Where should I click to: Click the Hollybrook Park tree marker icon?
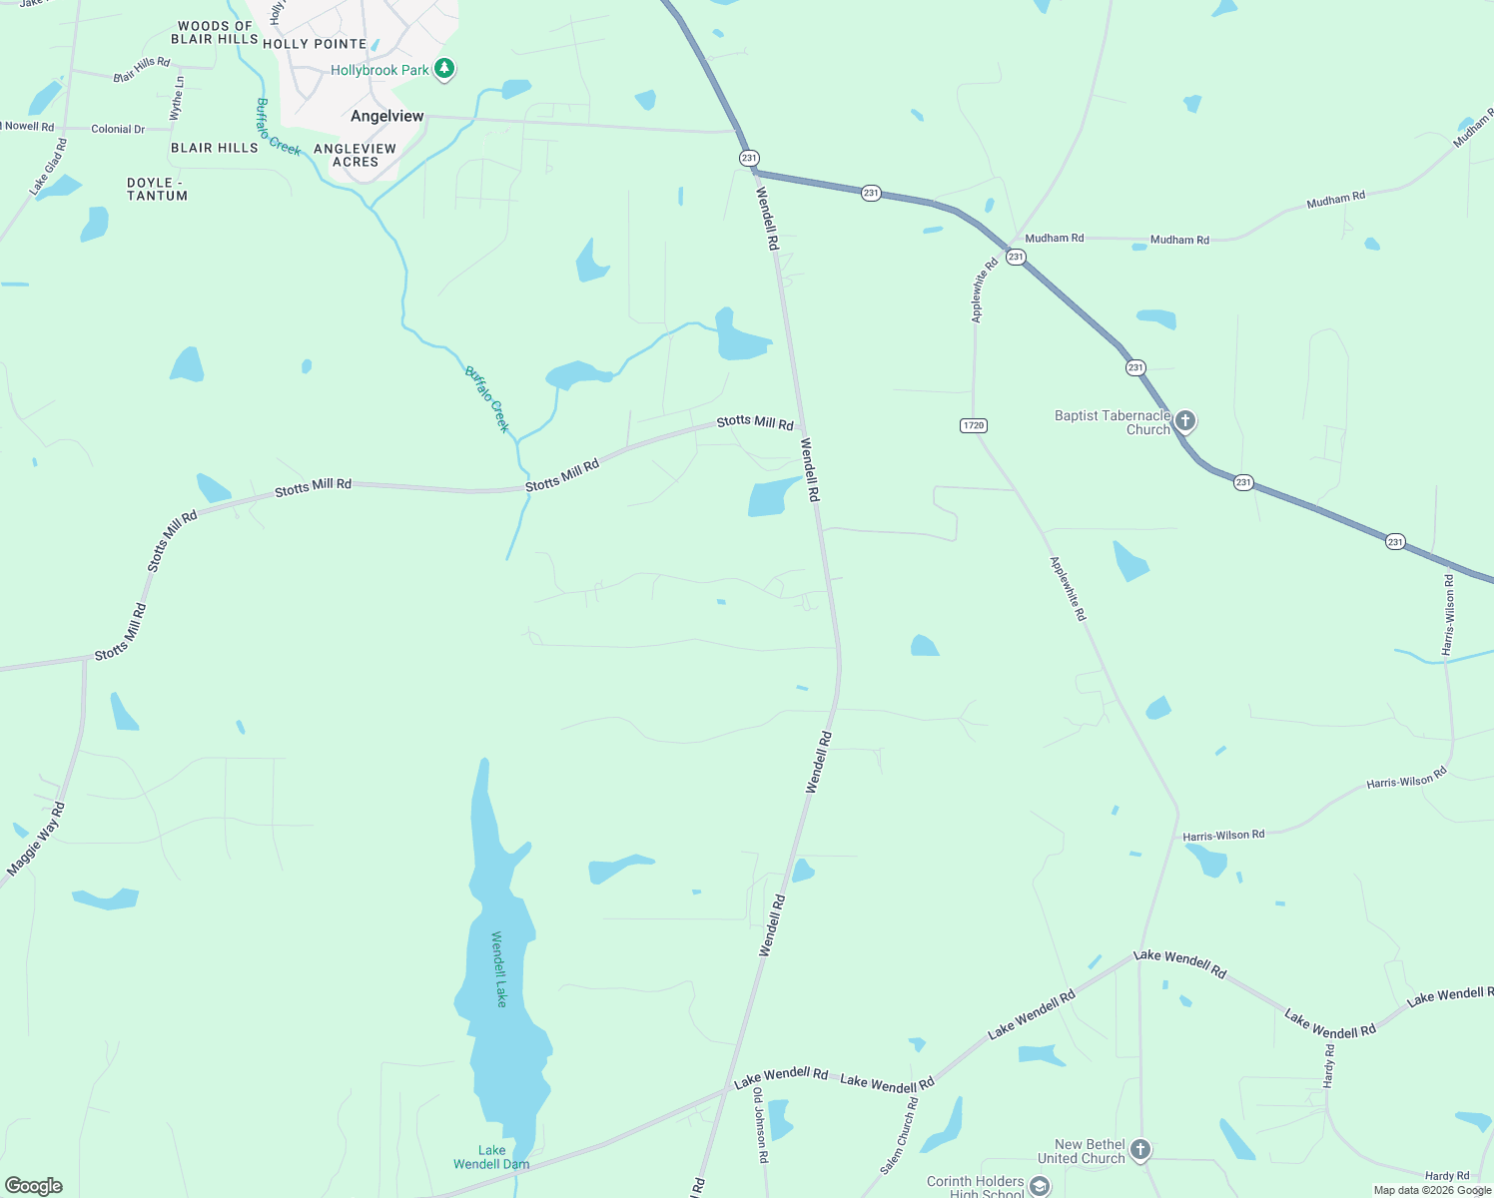(x=445, y=69)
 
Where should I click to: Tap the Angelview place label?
(x=387, y=116)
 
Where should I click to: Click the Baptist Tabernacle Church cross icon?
(x=1184, y=420)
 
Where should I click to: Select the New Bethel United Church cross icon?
(x=1140, y=1149)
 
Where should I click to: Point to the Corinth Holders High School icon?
(x=1040, y=1185)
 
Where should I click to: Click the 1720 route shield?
(x=973, y=425)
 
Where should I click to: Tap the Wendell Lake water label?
(x=499, y=968)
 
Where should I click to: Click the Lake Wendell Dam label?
(x=491, y=1157)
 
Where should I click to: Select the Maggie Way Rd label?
(x=36, y=840)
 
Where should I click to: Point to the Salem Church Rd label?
(x=899, y=1135)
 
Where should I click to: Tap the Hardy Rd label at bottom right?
(x=1447, y=1176)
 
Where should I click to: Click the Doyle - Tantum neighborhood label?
(x=157, y=190)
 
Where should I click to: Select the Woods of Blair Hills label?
(x=215, y=33)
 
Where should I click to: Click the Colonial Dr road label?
(x=118, y=129)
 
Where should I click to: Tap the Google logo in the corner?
(x=34, y=1186)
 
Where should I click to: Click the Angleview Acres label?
(x=355, y=155)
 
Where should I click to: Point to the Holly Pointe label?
(x=315, y=44)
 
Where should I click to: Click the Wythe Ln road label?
(x=177, y=98)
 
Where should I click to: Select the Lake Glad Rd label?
(x=48, y=166)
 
